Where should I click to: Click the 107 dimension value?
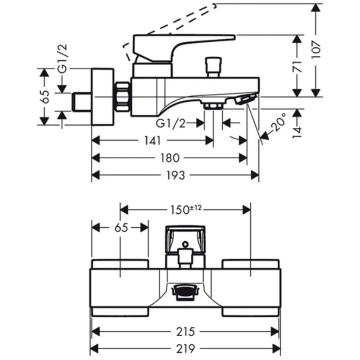coord(316,50)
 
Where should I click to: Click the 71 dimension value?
coord(297,66)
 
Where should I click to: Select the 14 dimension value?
coord(297,132)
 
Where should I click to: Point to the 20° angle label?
coord(278,121)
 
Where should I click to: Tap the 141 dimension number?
coord(152,140)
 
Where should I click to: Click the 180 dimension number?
coord(170,158)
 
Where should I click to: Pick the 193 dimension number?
coord(175,175)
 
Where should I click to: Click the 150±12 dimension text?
coord(186,209)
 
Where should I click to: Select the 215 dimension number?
coord(185,331)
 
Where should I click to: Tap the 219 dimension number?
coord(185,348)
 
